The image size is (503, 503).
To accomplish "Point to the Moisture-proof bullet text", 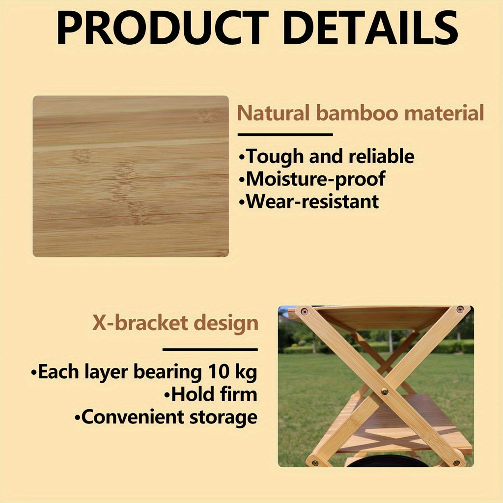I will [x=314, y=179].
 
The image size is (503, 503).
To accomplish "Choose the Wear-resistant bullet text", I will [x=311, y=201].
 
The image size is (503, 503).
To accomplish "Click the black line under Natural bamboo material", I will [x=285, y=134].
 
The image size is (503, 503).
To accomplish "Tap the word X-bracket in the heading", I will [x=140, y=324].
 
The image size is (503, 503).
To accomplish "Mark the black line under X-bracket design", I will [x=210, y=350].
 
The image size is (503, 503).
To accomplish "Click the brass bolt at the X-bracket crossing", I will [x=385, y=391].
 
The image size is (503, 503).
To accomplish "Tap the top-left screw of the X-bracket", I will [x=304, y=311].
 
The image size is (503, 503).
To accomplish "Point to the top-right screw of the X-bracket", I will [x=460, y=309].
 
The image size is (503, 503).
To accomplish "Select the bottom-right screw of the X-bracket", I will [x=457, y=463].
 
